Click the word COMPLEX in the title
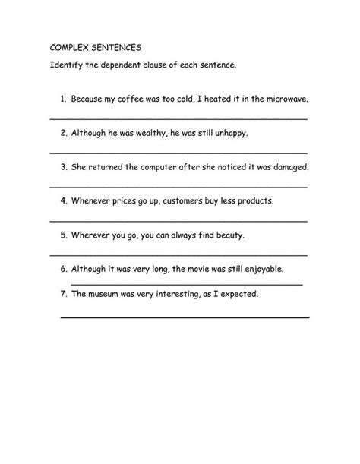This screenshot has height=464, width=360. [70, 46]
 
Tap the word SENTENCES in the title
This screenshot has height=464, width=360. [116, 46]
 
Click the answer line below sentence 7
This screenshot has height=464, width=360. [185, 315]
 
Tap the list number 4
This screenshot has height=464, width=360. [62, 201]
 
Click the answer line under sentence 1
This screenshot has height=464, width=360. [178, 119]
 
